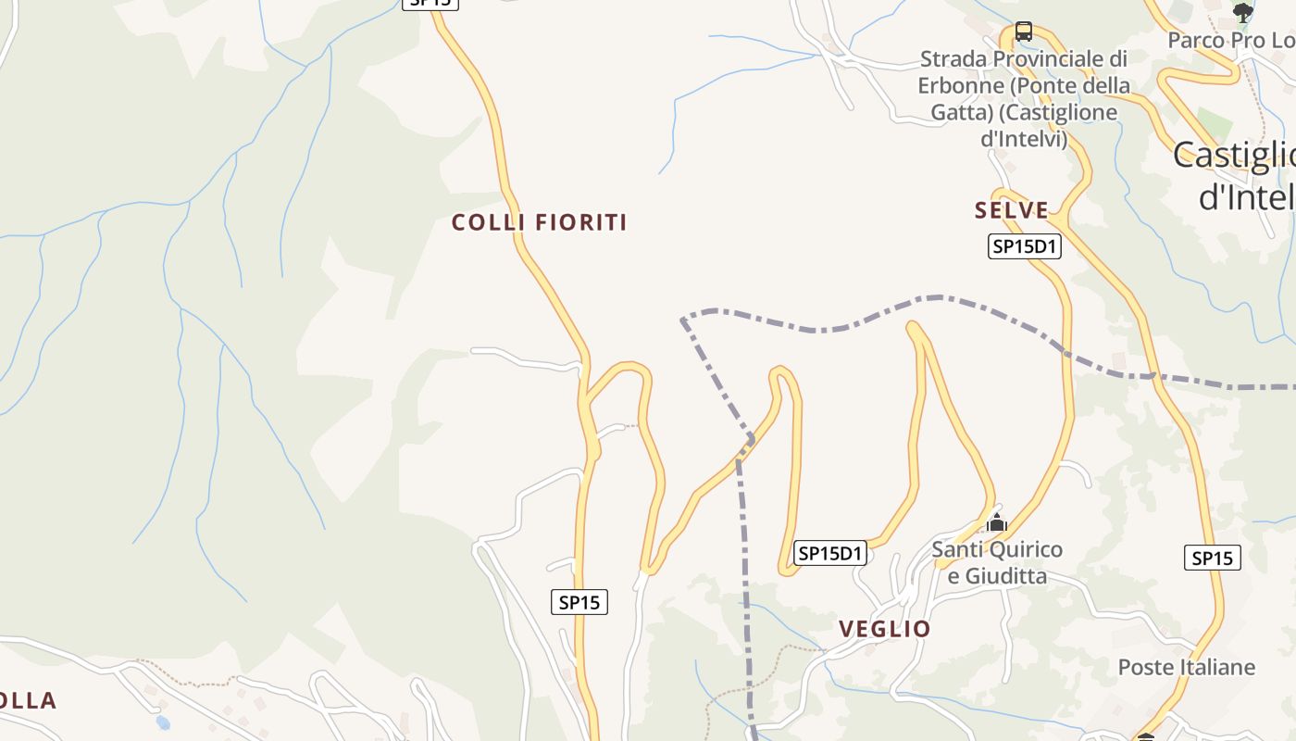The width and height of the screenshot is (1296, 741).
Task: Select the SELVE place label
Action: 1012,210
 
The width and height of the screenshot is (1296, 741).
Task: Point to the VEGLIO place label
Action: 884,629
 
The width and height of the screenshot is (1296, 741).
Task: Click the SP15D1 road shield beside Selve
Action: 1024,246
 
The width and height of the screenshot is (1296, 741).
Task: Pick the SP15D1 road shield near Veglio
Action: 830,554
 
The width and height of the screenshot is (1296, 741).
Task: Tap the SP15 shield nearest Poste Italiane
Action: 1212,558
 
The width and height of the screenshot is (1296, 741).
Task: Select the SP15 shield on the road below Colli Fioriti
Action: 579,602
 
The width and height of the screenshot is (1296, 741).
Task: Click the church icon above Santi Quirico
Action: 996,523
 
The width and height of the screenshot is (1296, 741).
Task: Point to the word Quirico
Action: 1023,549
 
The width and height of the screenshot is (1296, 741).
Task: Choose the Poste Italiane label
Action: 1186,667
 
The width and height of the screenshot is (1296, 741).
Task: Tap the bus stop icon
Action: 1023,31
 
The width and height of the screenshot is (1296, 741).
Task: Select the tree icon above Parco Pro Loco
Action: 1242,12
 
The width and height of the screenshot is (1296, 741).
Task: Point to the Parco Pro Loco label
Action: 1229,40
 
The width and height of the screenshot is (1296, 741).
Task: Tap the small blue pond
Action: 163,722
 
